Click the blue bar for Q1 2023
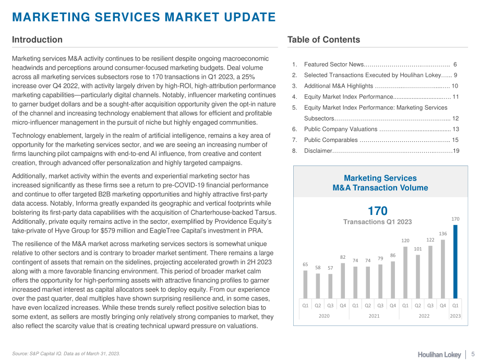click(455, 262)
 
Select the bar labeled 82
click(343, 281)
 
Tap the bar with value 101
click(418, 277)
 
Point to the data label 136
click(442, 234)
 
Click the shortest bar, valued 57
click(330, 286)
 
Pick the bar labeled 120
click(405, 272)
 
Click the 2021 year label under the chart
click(374, 316)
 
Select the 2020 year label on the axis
click(324, 316)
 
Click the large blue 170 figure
click(377, 211)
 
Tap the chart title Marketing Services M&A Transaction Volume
click(380, 183)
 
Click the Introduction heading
click(37, 40)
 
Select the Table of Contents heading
click(323, 40)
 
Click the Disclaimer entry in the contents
click(318, 151)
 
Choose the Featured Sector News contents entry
click(334, 64)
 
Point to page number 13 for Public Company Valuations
click(455, 129)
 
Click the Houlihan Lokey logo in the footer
click(439, 354)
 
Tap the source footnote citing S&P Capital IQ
click(66, 354)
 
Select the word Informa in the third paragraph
click(87, 203)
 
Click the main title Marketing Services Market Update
click(144, 17)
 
